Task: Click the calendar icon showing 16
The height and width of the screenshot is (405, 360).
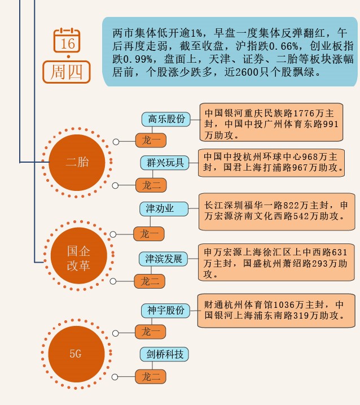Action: click(x=68, y=41)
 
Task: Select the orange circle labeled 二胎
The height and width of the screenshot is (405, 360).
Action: click(x=77, y=163)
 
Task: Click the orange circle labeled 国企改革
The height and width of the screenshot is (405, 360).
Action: click(x=78, y=258)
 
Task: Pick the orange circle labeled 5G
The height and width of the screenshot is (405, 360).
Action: click(x=76, y=354)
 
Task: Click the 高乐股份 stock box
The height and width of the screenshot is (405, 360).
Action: click(x=166, y=119)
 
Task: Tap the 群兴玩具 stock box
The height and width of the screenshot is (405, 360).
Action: click(x=165, y=163)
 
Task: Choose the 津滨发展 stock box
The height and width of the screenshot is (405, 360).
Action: click(x=163, y=259)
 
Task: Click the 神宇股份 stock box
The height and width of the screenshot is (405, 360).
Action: click(x=166, y=310)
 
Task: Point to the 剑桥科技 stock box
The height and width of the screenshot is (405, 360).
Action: click(x=165, y=355)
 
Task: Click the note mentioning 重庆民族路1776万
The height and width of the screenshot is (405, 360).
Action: click(x=271, y=122)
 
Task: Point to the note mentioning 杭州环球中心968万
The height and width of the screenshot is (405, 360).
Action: click(x=273, y=162)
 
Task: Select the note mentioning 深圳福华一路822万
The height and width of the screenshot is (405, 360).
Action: click(x=276, y=211)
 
